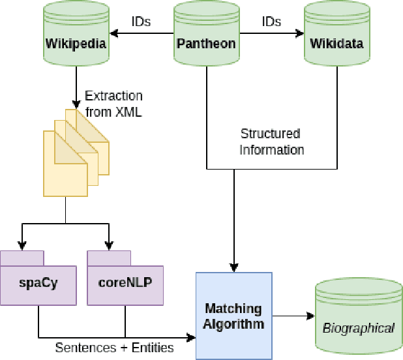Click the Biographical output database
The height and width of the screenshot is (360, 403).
(x=359, y=319)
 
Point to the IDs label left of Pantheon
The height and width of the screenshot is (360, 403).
(x=140, y=22)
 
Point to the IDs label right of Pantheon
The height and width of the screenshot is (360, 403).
(x=271, y=22)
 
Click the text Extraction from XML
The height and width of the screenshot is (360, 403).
(x=113, y=104)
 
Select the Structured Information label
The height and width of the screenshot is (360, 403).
(x=271, y=142)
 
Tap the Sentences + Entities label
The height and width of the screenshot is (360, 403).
(x=114, y=348)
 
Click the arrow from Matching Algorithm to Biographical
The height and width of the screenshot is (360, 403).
(x=293, y=317)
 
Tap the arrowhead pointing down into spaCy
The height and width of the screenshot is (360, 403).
(x=23, y=245)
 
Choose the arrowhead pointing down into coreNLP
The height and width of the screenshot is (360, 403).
(x=108, y=245)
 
